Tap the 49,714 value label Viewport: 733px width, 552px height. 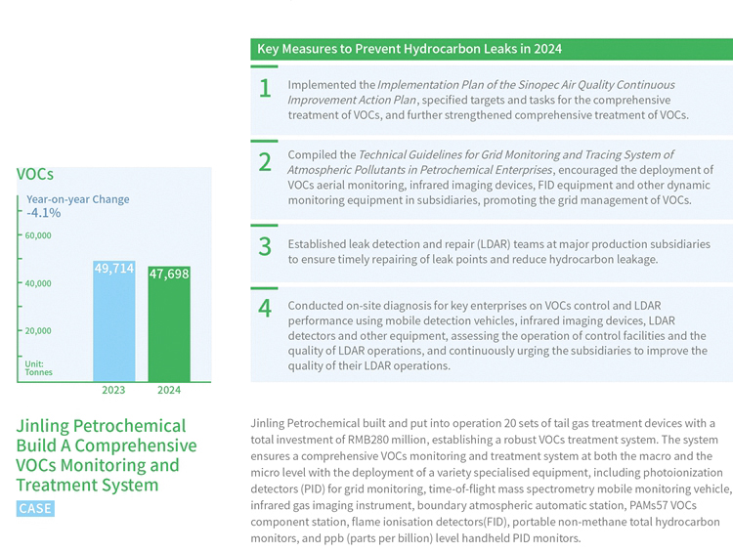[x=114, y=268]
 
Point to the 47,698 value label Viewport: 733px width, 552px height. [x=168, y=275]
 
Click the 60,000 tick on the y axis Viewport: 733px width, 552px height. [x=38, y=235]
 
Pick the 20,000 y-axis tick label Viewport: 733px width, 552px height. [x=38, y=330]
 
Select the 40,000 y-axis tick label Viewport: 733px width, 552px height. [x=38, y=283]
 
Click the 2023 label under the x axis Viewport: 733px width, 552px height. [x=114, y=389]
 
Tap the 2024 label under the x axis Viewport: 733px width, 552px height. [x=168, y=389]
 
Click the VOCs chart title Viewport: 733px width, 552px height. [x=34, y=174]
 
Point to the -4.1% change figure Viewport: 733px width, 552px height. [x=43, y=212]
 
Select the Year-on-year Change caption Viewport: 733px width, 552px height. [x=77, y=199]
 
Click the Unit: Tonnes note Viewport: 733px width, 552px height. [x=39, y=368]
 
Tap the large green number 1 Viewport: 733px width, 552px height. [x=265, y=89]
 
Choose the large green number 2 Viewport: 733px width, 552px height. [x=265, y=162]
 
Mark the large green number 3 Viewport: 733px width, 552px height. [x=265, y=246]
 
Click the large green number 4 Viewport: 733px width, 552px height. [x=265, y=309]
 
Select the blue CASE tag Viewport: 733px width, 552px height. [x=35, y=508]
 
